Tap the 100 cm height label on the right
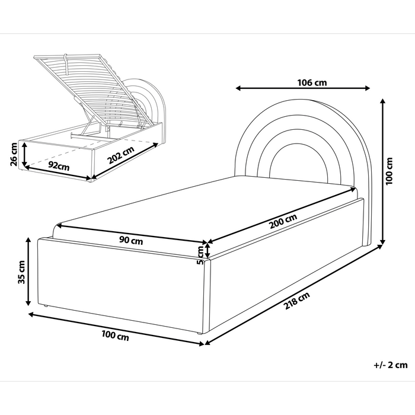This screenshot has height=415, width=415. click(389, 171)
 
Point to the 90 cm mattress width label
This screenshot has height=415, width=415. click(130, 241)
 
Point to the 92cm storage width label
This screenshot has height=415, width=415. click(59, 165)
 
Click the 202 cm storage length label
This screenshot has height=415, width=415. click(120, 159)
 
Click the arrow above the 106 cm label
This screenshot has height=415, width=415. click(302, 90)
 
